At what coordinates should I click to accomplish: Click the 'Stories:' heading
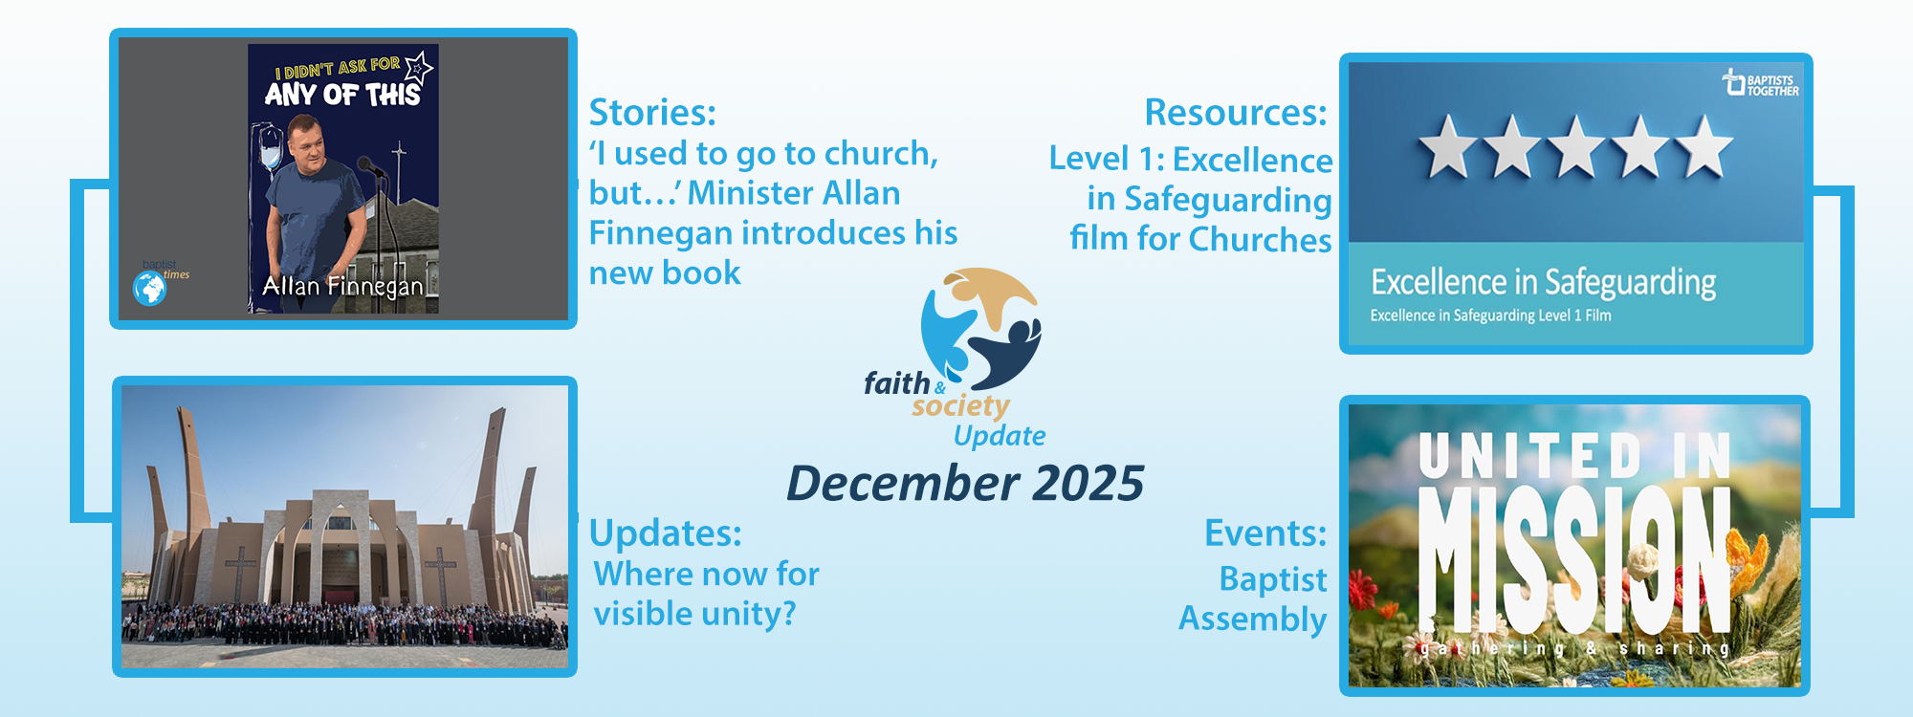[x=652, y=113]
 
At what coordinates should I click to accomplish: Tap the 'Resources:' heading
[x=1236, y=113]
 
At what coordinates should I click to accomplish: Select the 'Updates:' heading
[x=665, y=533]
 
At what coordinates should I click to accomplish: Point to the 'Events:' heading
[x=1265, y=533]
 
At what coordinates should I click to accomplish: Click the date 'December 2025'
[x=965, y=484]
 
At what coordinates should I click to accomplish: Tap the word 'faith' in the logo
[x=896, y=383]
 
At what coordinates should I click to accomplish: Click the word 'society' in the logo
[x=960, y=406]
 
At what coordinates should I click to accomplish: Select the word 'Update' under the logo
[x=1000, y=436]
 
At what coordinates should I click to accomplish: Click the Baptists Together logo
[x=1760, y=83]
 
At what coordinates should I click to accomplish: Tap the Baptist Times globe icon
[x=149, y=288]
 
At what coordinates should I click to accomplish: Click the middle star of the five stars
[x=1575, y=146]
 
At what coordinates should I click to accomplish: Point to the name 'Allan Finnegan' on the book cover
[x=342, y=286]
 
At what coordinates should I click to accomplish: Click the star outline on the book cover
[x=418, y=66]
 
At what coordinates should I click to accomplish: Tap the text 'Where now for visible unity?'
[x=707, y=594]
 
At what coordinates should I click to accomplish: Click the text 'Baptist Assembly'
[x=1253, y=599]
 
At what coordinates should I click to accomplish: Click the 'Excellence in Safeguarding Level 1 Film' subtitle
[x=1490, y=315]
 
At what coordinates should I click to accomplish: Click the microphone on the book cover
[x=369, y=166]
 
